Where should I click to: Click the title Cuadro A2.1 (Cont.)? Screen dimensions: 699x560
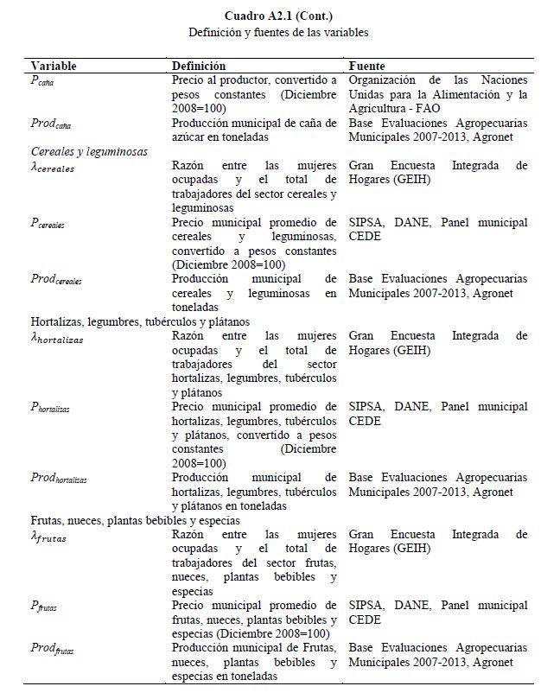[x=278, y=16]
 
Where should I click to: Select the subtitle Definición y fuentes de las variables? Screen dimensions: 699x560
[x=278, y=33]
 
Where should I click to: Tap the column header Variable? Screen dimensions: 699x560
[x=54, y=66]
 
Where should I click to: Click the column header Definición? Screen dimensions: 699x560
[x=199, y=66]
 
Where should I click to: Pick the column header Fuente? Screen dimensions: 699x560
[x=366, y=66]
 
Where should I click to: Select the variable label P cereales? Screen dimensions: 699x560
[x=48, y=224]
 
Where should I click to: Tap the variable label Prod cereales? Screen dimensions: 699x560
[x=57, y=280]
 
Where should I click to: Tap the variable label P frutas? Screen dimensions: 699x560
[x=45, y=607]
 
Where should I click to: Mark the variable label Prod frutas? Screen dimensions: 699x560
[x=54, y=649]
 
